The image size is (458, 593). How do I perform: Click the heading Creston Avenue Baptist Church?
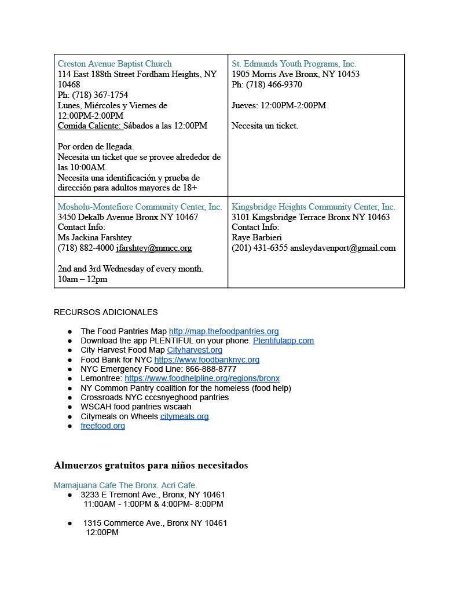pyautogui.click(x=115, y=64)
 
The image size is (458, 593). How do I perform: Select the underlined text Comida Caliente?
pyautogui.click(x=90, y=126)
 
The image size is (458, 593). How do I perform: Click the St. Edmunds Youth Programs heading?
pyautogui.click(x=294, y=64)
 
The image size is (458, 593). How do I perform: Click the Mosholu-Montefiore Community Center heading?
pyautogui.click(x=140, y=207)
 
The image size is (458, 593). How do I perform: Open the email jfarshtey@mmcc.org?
pyautogui.click(x=153, y=248)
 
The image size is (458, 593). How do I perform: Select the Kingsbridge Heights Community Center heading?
pyautogui.click(x=313, y=207)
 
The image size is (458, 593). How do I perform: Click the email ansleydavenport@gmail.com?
pyautogui.click(x=343, y=248)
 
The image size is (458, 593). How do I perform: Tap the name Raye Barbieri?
pyautogui.click(x=257, y=237)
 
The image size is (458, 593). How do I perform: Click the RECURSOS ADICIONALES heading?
pyautogui.click(x=106, y=312)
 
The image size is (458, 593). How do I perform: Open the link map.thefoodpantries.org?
pyautogui.click(x=223, y=331)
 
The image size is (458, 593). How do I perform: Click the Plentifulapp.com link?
pyautogui.click(x=283, y=341)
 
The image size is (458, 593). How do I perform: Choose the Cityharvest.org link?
pyautogui.click(x=195, y=350)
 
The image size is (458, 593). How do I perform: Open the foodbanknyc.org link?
pyautogui.click(x=207, y=360)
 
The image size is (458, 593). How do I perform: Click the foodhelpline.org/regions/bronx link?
pyautogui.click(x=201, y=378)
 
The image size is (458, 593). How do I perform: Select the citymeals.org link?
pyautogui.click(x=184, y=416)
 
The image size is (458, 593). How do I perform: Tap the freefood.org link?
pyautogui.click(x=102, y=426)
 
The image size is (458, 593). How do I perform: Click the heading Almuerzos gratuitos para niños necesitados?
pyautogui.click(x=151, y=466)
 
